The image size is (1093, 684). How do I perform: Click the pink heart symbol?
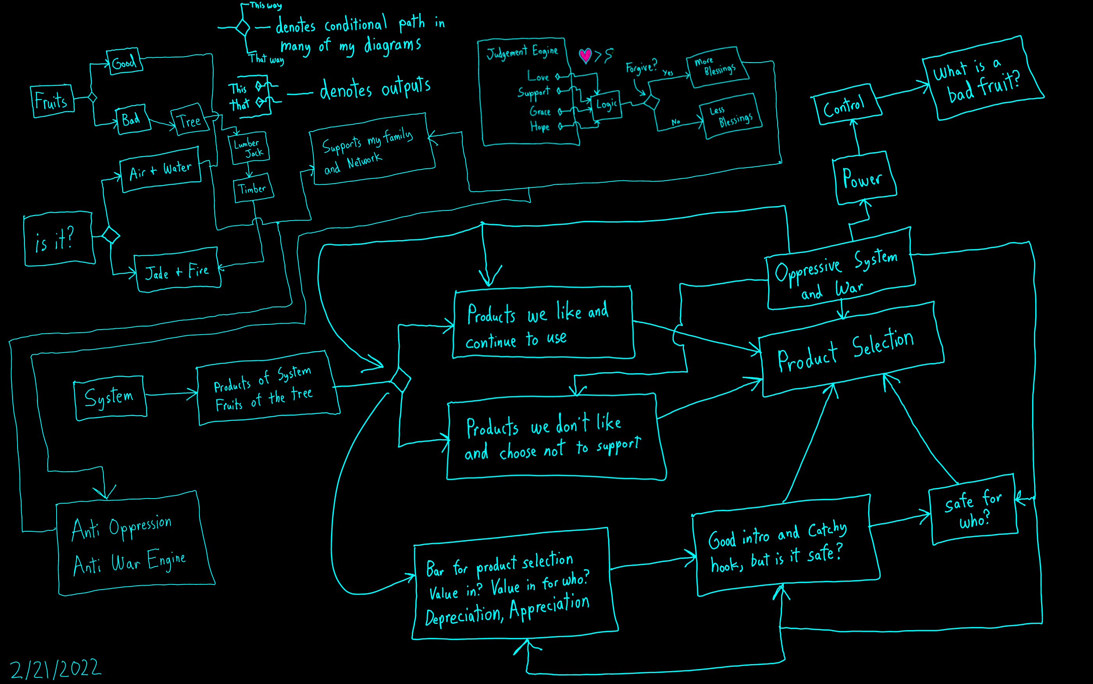(585, 55)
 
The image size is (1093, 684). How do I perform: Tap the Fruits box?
(52, 101)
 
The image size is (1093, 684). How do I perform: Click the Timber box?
(253, 188)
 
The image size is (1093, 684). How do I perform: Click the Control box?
(846, 105)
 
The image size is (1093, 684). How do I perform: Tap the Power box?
(864, 178)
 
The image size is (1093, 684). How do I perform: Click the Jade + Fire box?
(177, 271)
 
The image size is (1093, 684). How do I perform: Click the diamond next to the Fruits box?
(92, 97)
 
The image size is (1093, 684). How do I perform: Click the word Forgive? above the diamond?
(641, 67)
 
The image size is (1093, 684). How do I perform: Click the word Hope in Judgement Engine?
(540, 126)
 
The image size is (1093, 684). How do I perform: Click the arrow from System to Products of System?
(172, 394)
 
